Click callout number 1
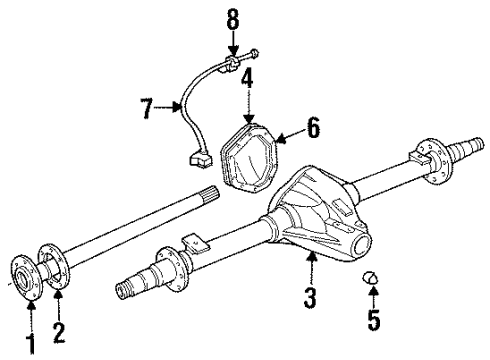31,344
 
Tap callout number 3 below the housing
311,296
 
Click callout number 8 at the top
233,18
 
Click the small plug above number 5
371,276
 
